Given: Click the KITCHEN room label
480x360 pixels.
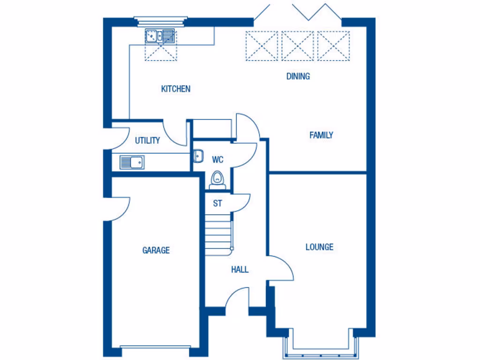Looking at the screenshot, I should click(176, 89).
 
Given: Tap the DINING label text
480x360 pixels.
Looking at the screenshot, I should click(298, 76).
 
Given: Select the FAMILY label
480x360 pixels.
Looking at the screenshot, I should click(321, 135).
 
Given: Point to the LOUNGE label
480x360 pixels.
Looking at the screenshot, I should click(319, 247).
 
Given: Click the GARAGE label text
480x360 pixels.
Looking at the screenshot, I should click(156, 250).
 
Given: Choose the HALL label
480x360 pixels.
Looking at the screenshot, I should click(240, 270).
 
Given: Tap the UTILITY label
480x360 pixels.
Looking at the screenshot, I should click(148, 140).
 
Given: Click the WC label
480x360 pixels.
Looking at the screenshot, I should click(217, 159).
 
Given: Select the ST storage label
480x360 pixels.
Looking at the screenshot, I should click(217, 203).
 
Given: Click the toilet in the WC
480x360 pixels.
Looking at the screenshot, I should click(217, 180).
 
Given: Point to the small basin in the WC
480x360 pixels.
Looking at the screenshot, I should click(197, 156).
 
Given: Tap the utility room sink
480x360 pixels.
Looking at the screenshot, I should click(132, 162).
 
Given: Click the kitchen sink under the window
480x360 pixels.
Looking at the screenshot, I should click(160, 35).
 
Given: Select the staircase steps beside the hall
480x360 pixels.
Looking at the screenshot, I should click(218, 232).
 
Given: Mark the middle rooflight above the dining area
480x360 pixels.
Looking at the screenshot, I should click(299, 46).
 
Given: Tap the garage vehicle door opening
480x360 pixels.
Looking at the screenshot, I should click(155, 348).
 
